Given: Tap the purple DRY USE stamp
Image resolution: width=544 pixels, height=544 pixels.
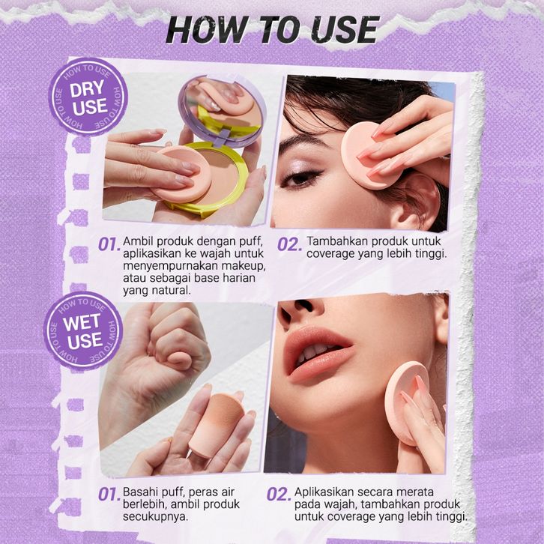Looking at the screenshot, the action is (x=88, y=97).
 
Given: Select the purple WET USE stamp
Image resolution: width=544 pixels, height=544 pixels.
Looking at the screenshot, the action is (x=83, y=331).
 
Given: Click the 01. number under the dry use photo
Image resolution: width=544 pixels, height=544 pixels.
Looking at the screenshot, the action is (x=109, y=244).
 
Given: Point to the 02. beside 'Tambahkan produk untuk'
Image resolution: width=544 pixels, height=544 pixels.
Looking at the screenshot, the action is (x=289, y=244).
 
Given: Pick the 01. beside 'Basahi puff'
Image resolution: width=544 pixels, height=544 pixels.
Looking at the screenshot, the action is (x=109, y=494).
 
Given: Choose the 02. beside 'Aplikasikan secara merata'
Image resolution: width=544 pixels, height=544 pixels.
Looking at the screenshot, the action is (x=279, y=495).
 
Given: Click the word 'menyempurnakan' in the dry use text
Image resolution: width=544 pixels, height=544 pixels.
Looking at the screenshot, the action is (x=170, y=267).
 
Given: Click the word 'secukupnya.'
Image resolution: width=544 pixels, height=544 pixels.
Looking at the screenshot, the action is (x=155, y=516).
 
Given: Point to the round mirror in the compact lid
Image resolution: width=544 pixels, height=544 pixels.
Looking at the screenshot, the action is (x=222, y=108).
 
